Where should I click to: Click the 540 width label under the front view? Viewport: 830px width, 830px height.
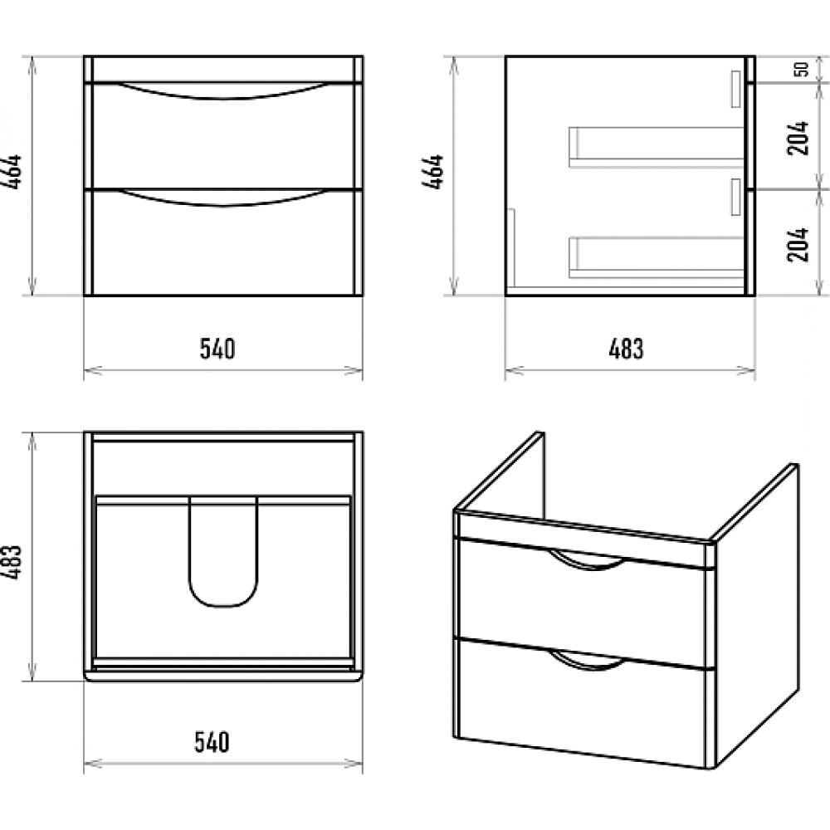coord(217,349)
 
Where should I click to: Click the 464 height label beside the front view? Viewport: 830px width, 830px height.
coord(12,172)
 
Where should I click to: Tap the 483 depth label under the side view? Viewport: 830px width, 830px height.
coord(626,349)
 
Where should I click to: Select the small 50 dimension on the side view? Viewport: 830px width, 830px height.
coord(802,70)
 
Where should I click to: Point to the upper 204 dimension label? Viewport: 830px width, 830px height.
coord(798,138)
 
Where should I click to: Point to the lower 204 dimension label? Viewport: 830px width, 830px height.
coord(798,245)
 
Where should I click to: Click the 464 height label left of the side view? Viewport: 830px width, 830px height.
coord(432,172)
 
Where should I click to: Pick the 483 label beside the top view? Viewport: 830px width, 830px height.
coord(12,562)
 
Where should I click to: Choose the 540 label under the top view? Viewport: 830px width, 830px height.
coord(212,742)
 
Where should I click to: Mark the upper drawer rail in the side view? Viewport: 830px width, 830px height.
coord(657,147)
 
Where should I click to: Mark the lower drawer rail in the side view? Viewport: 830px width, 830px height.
coord(657,258)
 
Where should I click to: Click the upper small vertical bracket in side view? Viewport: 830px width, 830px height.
coord(735,90)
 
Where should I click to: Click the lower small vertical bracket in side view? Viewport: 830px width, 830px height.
coord(735,197)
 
